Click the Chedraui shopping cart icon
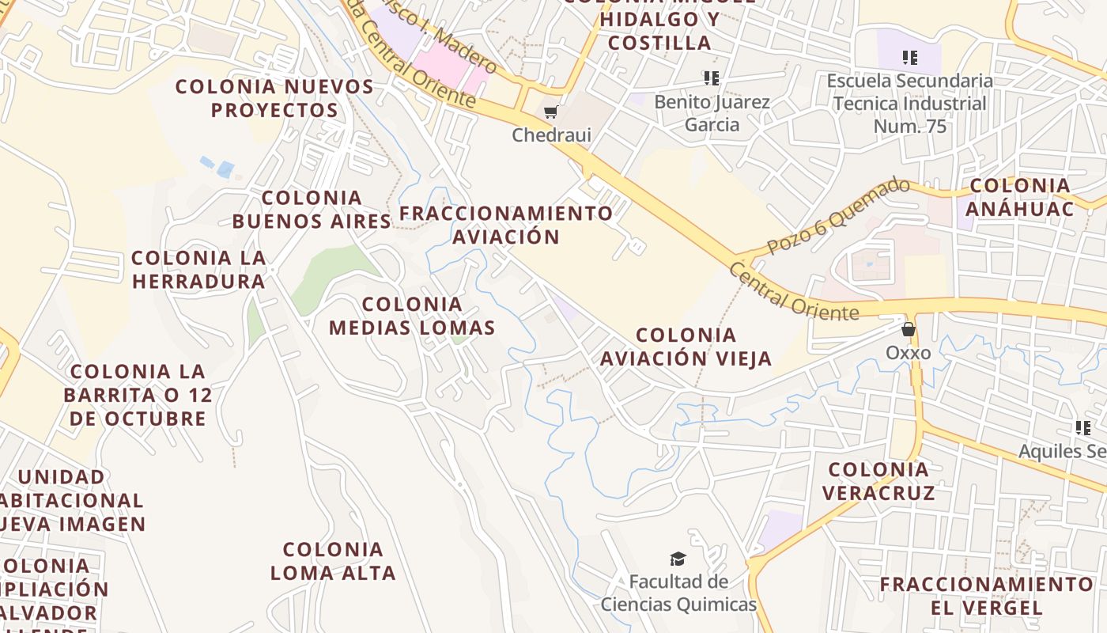tap(551, 112)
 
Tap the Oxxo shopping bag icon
tap(909, 329)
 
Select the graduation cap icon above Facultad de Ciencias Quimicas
tap(678, 559)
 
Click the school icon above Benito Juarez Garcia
tap(712, 78)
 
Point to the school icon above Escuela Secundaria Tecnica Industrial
tap(910, 58)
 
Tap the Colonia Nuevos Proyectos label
tap(274, 98)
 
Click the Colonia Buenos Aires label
tap(312, 209)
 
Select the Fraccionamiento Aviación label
tap(506, 225)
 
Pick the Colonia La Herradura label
tap(198, 269)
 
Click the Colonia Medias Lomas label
tap(412, 316)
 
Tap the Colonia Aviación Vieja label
tap(686, 347)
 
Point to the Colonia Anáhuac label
tap(1021, 197)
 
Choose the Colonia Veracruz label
tap(878, 481)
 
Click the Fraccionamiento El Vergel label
tap(986, 596)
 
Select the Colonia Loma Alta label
tap(333, 560)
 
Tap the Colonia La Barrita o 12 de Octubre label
tap(138, 394)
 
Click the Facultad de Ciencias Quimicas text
tap(678, 593)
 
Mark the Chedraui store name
tap(551, 135)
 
